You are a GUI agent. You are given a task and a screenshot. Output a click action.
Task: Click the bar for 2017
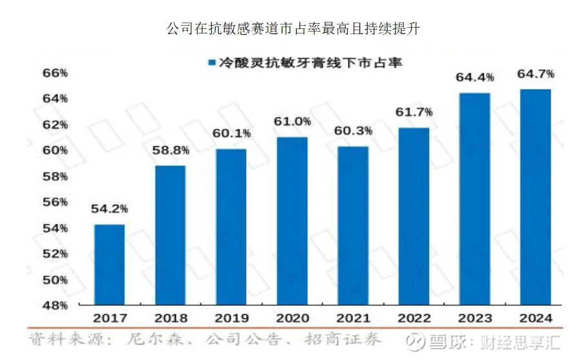[x=109, y=265]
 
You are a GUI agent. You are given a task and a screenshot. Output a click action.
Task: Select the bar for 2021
[x=353, y=225]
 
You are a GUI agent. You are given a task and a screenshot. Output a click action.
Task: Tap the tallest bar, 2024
[x=535, y=196]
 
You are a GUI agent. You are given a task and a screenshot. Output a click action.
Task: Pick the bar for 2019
[x=231, y=226]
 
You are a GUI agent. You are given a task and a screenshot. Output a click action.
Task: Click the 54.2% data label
[x=109, y=209]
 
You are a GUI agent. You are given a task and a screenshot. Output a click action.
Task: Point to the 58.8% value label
[x=171, y=151]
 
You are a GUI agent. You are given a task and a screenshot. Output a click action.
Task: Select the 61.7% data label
[x=414, y=112]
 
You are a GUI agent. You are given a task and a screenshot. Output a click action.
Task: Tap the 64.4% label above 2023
[x=475, y=77]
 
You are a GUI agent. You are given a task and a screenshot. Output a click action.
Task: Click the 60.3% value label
[x=353, y=131]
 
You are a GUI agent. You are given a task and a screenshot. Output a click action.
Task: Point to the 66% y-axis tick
[x=55, y=73]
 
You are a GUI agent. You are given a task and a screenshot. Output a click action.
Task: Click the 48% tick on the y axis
[x=55, y=305]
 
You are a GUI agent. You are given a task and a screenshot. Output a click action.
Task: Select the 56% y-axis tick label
[x=55, y=202]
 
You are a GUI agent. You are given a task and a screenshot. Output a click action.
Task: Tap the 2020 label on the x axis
[x=292, y=318]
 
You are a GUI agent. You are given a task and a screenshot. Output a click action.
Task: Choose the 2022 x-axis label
[x=414, y=318]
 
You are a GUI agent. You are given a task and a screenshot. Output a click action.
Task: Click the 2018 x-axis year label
[x=171, y=318]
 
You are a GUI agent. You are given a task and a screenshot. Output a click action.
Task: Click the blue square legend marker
[x=211, y=62]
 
